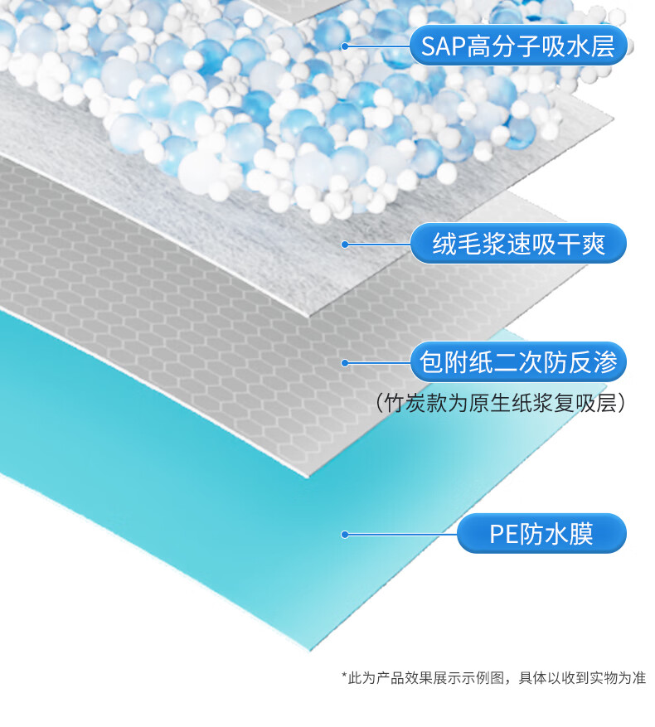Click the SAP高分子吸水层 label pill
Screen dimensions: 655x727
coord(517,46)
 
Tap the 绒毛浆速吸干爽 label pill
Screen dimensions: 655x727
coord(517,244)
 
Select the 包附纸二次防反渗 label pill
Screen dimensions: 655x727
coord(517,363)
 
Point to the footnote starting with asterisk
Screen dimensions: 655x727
coord(493,677)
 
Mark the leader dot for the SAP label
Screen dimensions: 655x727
coord(344,46)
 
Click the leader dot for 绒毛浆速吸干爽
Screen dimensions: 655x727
coord(344,244)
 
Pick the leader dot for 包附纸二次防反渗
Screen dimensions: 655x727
coord(344,363)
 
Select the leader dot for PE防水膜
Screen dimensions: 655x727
coord(344,535)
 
